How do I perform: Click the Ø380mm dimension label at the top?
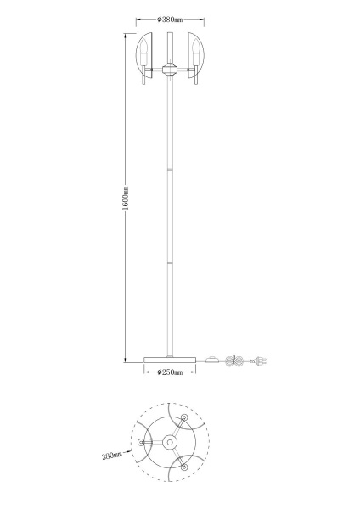coord(170,20)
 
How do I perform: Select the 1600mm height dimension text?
coord(126,198)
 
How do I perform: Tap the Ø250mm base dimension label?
coord(170,372)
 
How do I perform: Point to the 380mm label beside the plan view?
coord(112,456)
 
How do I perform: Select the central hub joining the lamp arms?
coord(170,70)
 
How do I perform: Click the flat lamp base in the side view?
coord(170,360)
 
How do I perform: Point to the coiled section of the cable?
coord(235,361)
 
